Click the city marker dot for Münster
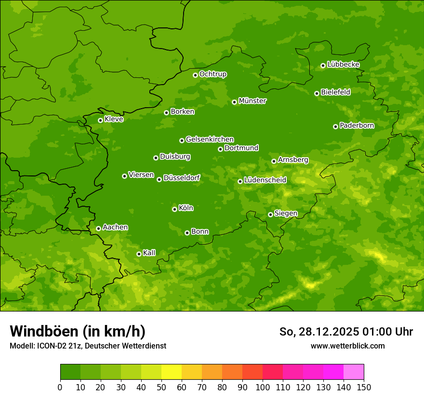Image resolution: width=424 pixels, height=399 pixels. pyautogui.click(x=235, y=102)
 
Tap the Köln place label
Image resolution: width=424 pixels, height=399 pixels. pyautogui.click(x=186, y=208)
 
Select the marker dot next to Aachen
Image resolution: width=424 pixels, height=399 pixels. pyautogui.click(x=98, y=228)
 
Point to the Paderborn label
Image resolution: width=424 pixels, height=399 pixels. pyautogui.click(x=357, y=125)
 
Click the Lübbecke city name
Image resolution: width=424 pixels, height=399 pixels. pyautogui.click(x=343, y=64)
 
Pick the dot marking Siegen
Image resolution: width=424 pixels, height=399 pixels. pyautogui.click(x=270, y=214)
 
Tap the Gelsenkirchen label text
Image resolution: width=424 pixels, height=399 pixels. pyautogui.click(x=210, y=139)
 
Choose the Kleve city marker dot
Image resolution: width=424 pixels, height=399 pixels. pyautogui.click(x=100, y=120)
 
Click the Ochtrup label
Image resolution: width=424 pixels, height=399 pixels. pyautogui.click(x=212, y=74)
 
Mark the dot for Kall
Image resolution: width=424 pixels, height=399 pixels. pyautogui.click(x=139, y=254)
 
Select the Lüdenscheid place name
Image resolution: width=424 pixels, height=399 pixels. pyautogui.click(x=265, y=180)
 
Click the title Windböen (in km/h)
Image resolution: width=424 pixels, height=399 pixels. pyautogui.click(x=78, y=331)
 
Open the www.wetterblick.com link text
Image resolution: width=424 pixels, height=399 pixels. pyautogui.click(x=347, y=346)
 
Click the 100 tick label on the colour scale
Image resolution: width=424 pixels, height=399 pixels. pyautogui.click(x=263, y=387)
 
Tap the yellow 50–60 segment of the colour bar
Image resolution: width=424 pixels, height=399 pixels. pyautogui.click(x=172, y=372)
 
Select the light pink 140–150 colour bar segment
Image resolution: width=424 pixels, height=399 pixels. pyautogui.click(x=354, y=372)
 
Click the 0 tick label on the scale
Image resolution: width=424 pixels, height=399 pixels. pyautogui.click(x=60, y=387)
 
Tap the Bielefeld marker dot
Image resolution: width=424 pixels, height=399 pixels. pyautogui.click(x=317, y=93)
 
